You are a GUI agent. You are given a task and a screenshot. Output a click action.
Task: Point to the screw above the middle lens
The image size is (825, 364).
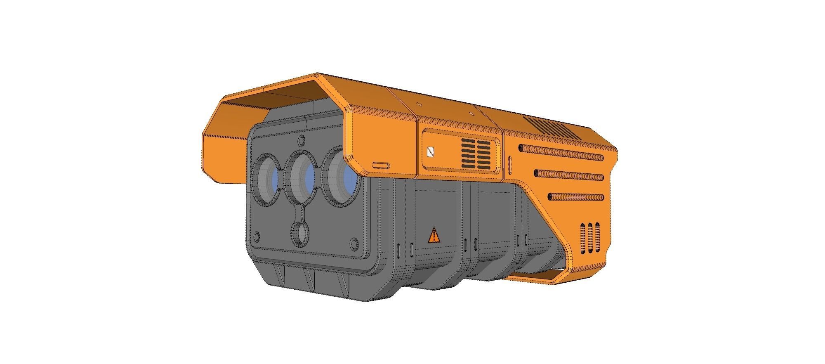(302, 139)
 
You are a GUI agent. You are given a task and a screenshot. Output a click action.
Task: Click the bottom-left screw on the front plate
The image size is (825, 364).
(257, 236)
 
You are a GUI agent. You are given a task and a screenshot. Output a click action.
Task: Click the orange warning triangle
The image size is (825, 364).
(434, 236)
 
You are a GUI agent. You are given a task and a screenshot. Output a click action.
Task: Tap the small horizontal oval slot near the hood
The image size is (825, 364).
(380, 165)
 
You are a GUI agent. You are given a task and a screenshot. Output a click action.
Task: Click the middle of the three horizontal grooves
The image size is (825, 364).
(569, 175)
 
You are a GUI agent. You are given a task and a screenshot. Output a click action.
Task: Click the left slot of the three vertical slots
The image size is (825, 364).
(583, 238)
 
